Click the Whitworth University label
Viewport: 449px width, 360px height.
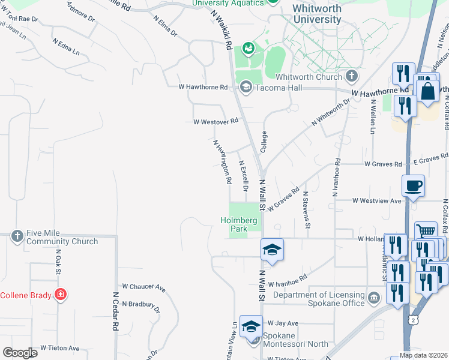(317, 14)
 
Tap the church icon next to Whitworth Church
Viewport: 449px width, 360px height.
(351, 76)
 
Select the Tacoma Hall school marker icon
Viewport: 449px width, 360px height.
(245, 88)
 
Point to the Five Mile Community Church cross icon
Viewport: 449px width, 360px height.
(17, 236)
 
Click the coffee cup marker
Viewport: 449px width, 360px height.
(414, 185)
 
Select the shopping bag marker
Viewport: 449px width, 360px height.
(429, 92)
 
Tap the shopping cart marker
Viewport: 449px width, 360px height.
(426, 232)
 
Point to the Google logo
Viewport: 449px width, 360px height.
(20, 353)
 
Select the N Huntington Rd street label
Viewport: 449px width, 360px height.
(222, 161)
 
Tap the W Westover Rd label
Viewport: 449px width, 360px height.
(215, 121)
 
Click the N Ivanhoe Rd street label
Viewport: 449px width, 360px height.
(336, 178)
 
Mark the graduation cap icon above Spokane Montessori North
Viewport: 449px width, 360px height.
(252, 326)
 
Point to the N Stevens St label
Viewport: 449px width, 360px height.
(307, 210)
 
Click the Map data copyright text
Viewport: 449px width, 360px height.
(423, 355)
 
